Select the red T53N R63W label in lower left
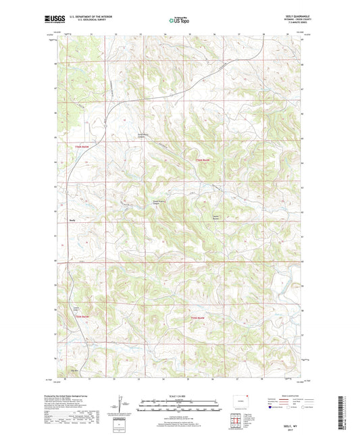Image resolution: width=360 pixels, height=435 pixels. click(x=82, y=317)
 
